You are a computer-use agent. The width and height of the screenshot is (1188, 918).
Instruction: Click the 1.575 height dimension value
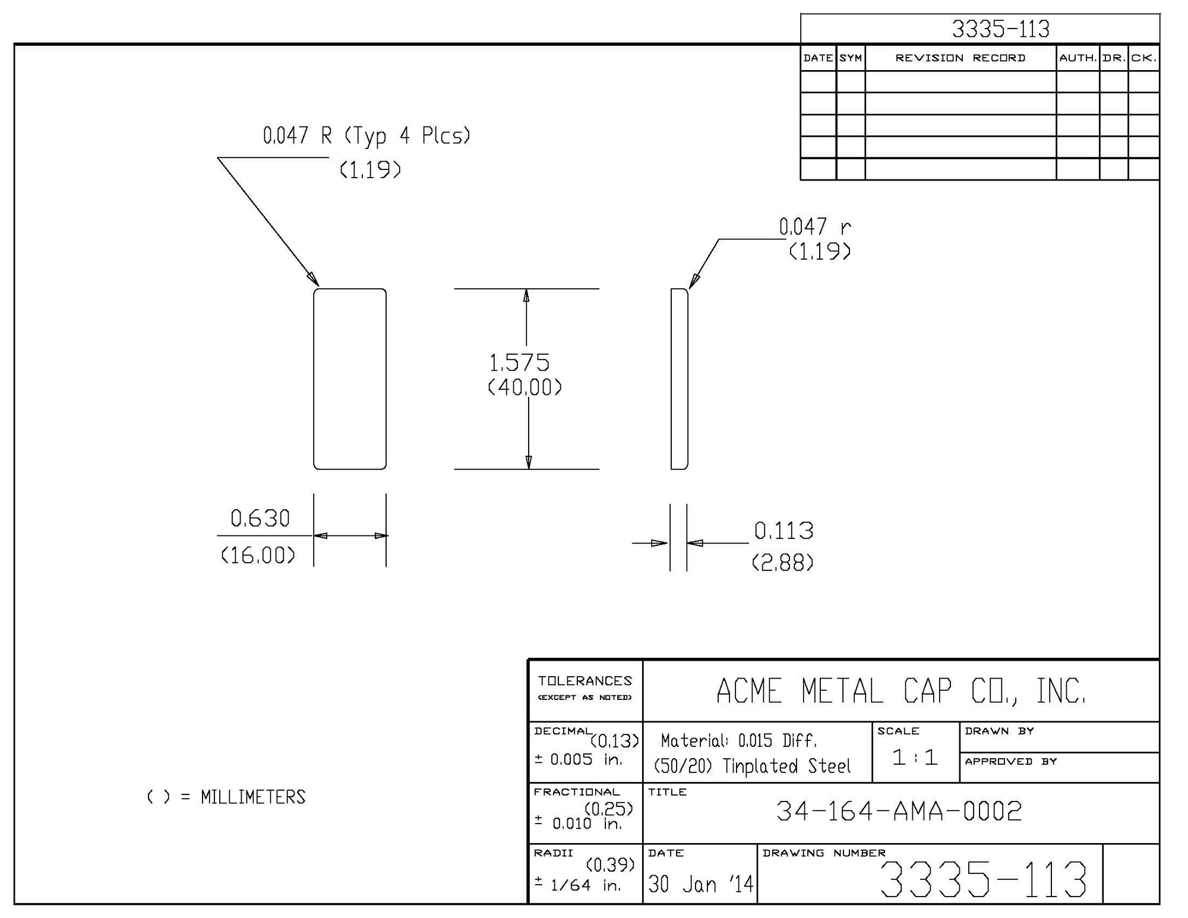point(519,362)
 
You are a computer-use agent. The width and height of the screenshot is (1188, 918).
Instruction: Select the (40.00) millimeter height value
point(525,388)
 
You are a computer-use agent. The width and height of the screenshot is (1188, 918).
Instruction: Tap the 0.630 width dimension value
point(260,519)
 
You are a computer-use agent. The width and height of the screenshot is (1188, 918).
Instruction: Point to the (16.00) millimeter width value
point(258,556)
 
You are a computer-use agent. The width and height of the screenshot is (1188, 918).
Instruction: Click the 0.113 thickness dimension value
point(783,531)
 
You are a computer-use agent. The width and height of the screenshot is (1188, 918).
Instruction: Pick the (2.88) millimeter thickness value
point(782,563)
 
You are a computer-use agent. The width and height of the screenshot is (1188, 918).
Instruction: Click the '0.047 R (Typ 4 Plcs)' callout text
point(366,135)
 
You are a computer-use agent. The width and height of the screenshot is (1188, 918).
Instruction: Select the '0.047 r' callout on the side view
point(814,226)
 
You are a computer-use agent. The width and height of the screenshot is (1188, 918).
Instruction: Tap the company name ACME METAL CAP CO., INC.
point(901,691)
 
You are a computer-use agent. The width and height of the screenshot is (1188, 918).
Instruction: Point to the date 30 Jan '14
point(700,884)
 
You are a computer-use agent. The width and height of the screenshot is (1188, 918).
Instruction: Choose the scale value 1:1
point(915,757)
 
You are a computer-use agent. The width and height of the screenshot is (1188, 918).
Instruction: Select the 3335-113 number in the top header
point(1001,29)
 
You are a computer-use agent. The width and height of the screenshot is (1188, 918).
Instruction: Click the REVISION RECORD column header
point(960,58)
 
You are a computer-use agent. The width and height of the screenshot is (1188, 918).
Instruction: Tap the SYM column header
point(850,58)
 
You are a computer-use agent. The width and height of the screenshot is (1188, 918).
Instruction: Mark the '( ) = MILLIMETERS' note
point(226,797)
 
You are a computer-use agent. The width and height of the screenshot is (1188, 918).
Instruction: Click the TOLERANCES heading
point(585,681)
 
